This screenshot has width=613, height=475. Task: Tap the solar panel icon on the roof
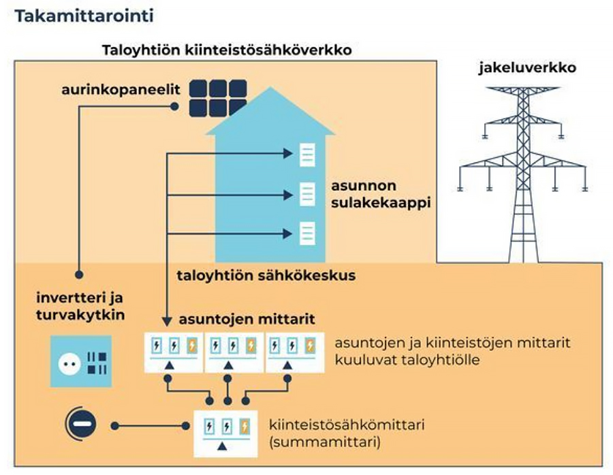click(218, 99)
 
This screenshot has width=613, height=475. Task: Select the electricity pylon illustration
click(523, 163)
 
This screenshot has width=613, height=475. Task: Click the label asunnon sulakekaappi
click(373, 194)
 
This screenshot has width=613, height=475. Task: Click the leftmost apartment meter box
click(174, 353)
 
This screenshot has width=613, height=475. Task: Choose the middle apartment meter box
click(234, 353)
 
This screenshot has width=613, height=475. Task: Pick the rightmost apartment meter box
click(294, 353)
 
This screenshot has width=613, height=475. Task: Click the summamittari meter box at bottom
click(227, 433)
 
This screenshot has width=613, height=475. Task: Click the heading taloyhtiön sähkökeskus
click(266, 277)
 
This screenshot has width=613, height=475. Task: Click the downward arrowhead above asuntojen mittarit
click(167, 319)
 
